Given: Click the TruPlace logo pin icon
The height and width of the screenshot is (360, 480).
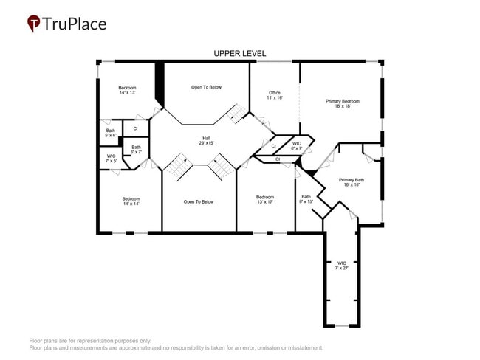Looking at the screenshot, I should pyautogui.click(x=34, y=24).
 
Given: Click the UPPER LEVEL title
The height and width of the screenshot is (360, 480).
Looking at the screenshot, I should pyautogui.click(x=239, y=54).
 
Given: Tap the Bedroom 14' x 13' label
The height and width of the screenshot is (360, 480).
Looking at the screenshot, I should pyautogui.click(x=127, y=90).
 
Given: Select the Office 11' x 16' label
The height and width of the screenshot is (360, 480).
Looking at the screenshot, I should pyautogui.click(x=275, y=95).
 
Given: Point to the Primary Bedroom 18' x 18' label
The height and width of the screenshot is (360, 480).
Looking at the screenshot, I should pyautogui.click(x=343, y=103).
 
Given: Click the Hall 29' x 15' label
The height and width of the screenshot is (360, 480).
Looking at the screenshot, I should pyautogui.click(x=208, y=140).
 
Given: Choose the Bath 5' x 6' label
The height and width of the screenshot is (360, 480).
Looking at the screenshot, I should pyautogui.click(x=110, y=133).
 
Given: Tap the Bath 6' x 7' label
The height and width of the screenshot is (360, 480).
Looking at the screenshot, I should pyautogui.click(x=136, y=149).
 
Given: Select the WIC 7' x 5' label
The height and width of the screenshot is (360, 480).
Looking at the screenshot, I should pyautogui.click(x=111, y=158).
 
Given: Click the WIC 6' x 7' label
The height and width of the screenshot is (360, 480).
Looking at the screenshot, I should pyautogui.click(x=296, y=145).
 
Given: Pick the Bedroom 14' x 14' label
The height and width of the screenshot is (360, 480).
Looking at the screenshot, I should pyautogui.click(x=131, y=201).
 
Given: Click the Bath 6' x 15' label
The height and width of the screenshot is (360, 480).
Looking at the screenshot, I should pyautogui.click(x=306, y=198).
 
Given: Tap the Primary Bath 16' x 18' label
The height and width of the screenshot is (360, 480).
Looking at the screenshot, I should pyautogui.click(x=352, y=182).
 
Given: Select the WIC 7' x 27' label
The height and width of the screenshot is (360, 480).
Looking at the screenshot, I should pyautogui.click(x=342, y=265).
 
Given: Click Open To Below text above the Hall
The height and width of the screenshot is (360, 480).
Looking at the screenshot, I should pyautogui.click(x=206, y=88).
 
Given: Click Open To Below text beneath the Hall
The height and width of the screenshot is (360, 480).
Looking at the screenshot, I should pyautogui.click(x=199, y=201).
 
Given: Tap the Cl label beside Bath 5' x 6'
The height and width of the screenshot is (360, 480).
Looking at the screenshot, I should pyautogui.click(x=135, y=128).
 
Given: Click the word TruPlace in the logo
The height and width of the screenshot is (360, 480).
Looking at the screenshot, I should pyautogui.click(x=75, y=24).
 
